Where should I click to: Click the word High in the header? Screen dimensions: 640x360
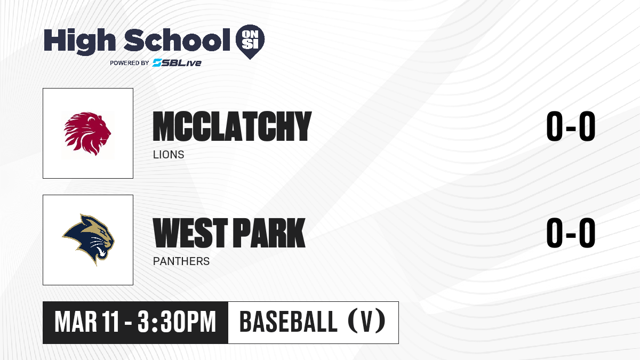[80, 41]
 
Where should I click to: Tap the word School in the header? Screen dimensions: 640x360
[177, 40]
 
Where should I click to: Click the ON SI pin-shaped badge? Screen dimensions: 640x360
[250, 42]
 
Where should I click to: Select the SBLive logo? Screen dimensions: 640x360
[177, 62]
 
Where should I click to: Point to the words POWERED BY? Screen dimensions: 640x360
[130, 63]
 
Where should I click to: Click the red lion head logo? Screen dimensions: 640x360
[87, 134]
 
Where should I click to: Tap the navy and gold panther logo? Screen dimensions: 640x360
[89, 239]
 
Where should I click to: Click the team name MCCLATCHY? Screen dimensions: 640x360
[232, 126]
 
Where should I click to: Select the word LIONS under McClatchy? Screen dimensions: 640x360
[169, 155]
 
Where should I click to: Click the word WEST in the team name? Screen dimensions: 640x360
[190, 233]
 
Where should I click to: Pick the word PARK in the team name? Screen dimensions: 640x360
[270, 233]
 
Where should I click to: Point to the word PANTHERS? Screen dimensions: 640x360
[181, 261]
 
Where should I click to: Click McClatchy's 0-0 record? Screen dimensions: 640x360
[571, 126]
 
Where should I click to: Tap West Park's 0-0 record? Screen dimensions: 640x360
[571, 233]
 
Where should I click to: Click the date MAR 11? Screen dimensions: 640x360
[87, 322]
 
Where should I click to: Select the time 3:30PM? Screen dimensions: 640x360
[177, 322]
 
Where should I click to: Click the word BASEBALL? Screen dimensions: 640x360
[289, 322]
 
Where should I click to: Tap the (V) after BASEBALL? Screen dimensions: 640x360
[366, 321]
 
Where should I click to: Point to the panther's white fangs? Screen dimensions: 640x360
[101, 252]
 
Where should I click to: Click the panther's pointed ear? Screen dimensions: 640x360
[83, 219]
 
